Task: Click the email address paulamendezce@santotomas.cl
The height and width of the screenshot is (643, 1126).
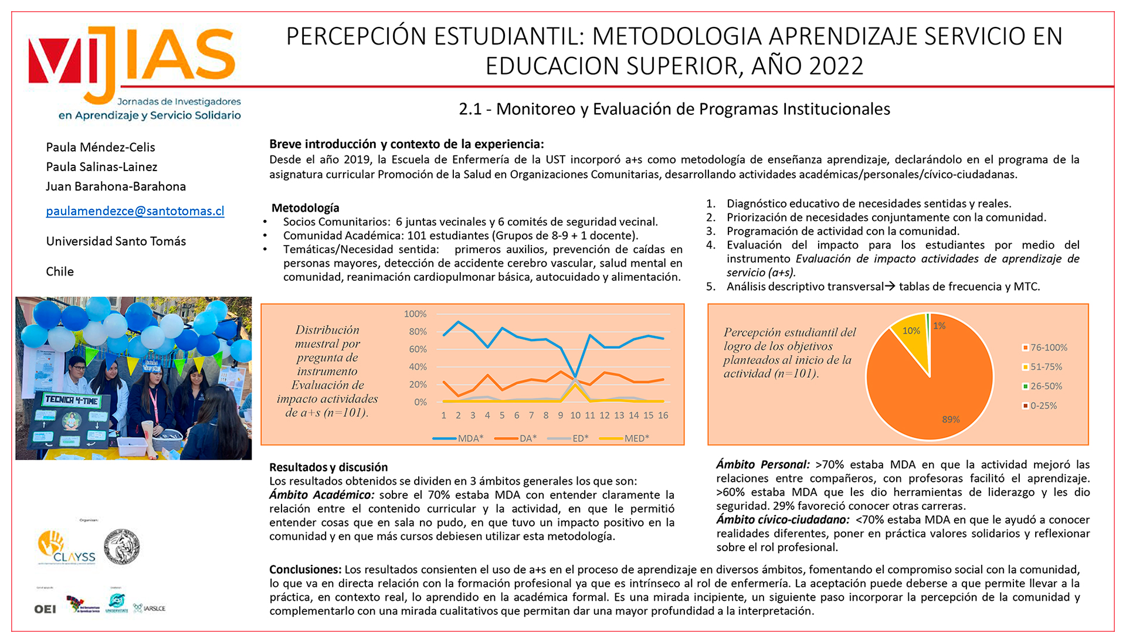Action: click(135, 211)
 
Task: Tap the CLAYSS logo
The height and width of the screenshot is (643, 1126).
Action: click(66, 547)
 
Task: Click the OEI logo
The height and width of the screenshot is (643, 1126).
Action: click(45, 609)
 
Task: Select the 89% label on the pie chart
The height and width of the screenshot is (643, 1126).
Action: click(951, 420)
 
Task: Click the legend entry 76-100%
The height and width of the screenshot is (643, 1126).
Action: click(1045, 348)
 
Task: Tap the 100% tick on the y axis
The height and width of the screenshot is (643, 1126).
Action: click(415, 314)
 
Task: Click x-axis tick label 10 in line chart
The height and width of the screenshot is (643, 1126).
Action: click(575, 416)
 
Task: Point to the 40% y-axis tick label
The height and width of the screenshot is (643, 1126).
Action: click(418, 367)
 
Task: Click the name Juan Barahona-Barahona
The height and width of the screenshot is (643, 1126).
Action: click(116, 186)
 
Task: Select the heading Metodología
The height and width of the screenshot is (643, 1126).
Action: click(305, 208)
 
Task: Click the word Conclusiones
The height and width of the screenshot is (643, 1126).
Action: click(305, 570)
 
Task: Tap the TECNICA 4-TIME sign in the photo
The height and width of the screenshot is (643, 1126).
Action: click(72, 400)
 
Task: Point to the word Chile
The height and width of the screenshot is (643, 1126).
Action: click(60, 271)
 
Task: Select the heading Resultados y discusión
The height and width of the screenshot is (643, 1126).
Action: click(328, 467)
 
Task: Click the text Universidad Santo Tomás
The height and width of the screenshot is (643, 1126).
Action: click(116, 241)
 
